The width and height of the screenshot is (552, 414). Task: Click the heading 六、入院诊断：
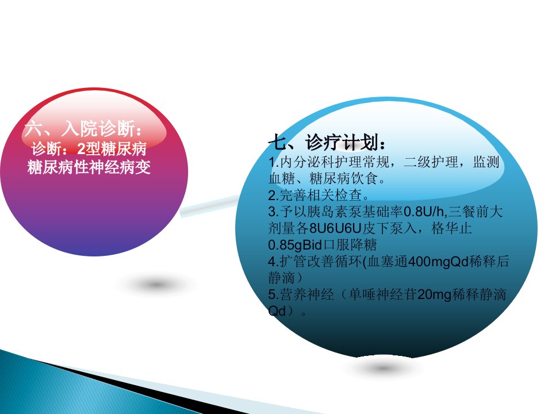click(x=84, y=128)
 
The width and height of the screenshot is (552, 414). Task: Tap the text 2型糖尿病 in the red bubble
click(x=112, y=148)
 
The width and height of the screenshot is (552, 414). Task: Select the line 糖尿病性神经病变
click(x=89, y=167)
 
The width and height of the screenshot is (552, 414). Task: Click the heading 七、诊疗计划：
click(x=327, y=142)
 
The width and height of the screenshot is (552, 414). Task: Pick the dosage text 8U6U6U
click(x=335, y=228)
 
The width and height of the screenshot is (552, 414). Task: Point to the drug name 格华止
click(x=452, y=228)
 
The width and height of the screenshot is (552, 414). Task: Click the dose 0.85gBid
click(x=295, y=245)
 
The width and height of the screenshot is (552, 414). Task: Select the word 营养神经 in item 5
click(x=307, y=294)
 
